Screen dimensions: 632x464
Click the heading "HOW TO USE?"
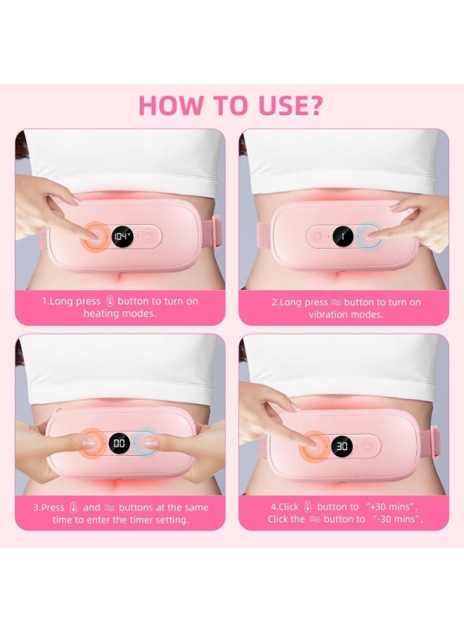click(231, 105)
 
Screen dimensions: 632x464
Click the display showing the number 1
click(342, 237)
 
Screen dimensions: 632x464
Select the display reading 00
click(120, 443)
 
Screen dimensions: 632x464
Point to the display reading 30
click(342, 446)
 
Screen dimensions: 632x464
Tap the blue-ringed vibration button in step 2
click(368, 237)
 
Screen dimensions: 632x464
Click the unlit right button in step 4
click(368, 446)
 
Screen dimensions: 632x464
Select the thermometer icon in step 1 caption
click(109, 301)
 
